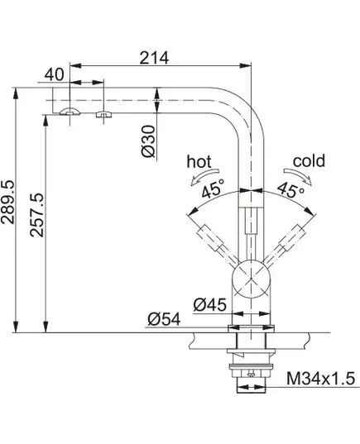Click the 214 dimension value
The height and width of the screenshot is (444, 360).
[x=154, y=58]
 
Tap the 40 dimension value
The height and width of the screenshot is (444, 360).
[x=55, y=74]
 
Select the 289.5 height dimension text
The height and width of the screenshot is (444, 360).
[x=7, y=202]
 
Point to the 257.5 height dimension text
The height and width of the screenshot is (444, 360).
[x=37, y=215]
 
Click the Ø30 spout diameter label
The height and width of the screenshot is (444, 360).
[x=148, y=141]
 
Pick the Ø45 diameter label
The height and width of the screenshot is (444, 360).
[x=209, y=305]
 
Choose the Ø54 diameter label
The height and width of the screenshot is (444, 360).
[x=164, y=319]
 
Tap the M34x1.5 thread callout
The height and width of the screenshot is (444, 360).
[x=320, y=379]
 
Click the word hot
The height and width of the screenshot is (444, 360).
[x=199, y=162]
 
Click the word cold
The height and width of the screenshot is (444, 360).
[x=309, y=161]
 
